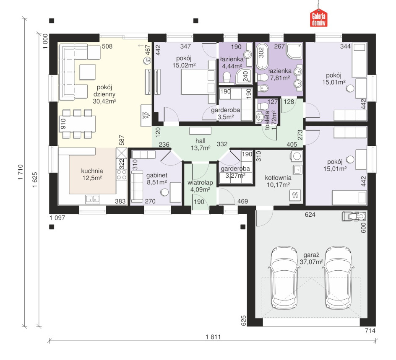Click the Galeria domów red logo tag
318,18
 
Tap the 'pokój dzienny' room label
104,91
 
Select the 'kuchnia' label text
92,171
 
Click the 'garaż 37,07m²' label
311,258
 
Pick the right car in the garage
339,277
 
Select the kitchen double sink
92,199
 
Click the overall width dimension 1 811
214,337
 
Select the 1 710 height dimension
21,172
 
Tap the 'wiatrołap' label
200,182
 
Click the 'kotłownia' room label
278,178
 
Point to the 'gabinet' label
157,175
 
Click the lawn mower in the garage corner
354,216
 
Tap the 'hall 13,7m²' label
201,145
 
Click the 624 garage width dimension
310,215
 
